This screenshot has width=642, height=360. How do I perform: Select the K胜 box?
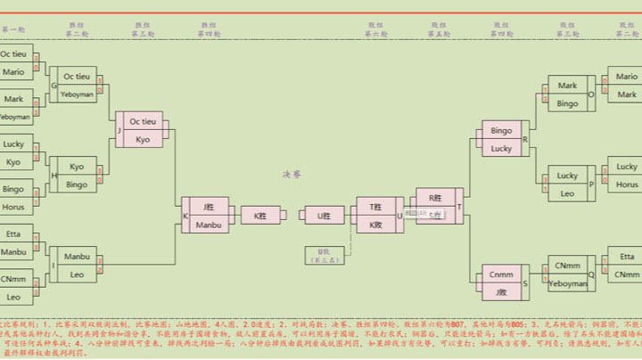coord(260,215)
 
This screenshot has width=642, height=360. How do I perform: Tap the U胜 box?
coord(324,215)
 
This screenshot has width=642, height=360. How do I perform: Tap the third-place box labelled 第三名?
coord(324,255)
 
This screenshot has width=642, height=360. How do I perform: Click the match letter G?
coord(53,86)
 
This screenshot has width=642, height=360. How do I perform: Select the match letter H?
coord(53,176)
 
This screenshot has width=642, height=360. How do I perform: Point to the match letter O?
coord(590,94)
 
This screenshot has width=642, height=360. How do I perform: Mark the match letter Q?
coord(590,274)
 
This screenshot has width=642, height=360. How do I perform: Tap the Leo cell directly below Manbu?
coord(78,274)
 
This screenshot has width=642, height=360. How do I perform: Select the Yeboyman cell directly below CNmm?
coord(567,283)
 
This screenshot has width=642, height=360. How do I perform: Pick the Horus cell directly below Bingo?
coord(13,206)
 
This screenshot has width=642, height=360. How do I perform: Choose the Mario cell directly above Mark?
coord(627,77)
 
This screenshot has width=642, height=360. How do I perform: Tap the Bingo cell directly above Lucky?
coord(501,130)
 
